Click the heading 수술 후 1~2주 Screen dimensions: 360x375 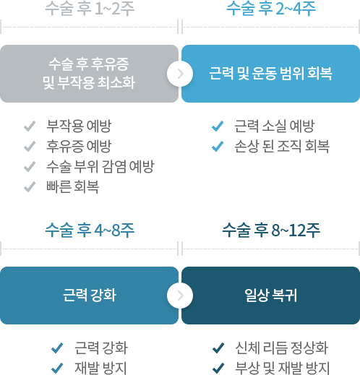[x=90, y=8]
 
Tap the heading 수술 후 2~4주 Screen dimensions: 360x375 [x=271, y=8]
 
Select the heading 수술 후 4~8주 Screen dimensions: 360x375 [x=90, y=230]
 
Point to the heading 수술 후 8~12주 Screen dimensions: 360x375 [x=271, y=230]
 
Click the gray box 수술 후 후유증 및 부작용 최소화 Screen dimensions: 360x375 [x=89, y=74]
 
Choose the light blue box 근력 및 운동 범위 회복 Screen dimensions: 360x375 [x=270, y=74]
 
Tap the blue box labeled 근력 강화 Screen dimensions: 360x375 [x=89, y=296]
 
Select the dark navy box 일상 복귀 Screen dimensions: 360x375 [x=270, y=296]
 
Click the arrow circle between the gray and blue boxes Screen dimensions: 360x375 [x=180, y=74]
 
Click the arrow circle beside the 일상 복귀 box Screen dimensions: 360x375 [x=180, y=296]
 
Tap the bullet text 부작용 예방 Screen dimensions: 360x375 [x=79, y=126]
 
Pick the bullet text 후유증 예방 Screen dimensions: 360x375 [x=79, y=146]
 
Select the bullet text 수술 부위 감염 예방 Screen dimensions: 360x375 [x=100, y=166]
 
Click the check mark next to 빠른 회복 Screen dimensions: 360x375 [x=30, y=187]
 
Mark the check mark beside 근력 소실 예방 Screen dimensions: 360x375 [x=218, y=126]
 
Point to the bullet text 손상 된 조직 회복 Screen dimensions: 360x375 [x=282, y=146]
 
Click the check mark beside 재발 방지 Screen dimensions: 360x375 [x=57, y=368]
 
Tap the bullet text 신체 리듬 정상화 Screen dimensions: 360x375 [x=282, y=348]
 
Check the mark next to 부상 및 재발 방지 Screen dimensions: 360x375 [x=218, y=368]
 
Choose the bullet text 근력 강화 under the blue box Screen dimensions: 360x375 [x=101, y=348]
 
